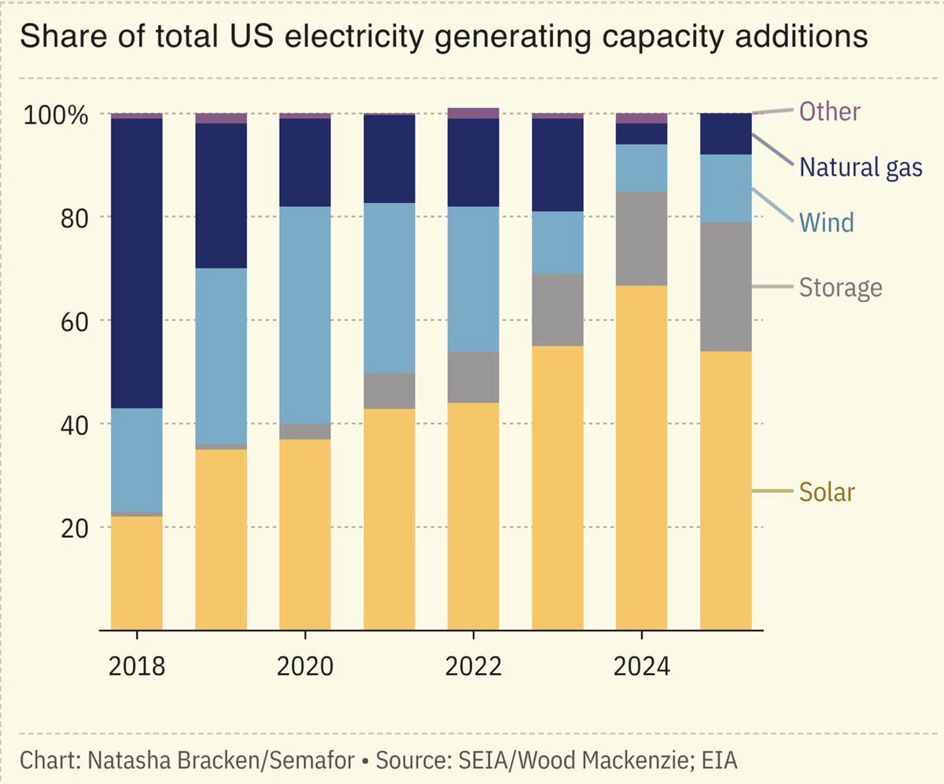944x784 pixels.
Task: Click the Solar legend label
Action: [826, 492]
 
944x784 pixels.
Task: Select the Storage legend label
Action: [840, 287]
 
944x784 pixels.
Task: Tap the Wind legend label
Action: [826, 222]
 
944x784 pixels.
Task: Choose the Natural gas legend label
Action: [861, 167]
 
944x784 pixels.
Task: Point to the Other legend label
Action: [829, 111]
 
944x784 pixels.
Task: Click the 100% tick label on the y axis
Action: [54, 115]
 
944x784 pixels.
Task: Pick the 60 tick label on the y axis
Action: [72, 321]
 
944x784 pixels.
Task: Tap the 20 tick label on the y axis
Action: [72, 527]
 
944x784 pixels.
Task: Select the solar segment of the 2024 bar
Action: [641, 457]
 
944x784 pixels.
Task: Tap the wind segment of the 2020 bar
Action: [305, 315]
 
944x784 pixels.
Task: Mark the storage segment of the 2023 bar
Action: [558, 309]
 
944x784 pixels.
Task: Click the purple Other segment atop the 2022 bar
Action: [473, 113]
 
